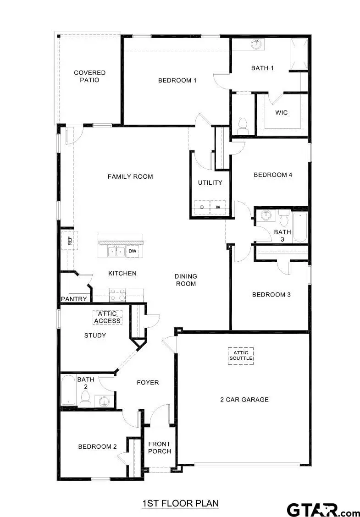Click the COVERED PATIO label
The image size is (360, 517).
tap(90, 76)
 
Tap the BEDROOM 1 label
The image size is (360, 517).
tap(177, 81)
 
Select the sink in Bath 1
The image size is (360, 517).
tap(256, 45)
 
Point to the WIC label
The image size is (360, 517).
tap(282, 113)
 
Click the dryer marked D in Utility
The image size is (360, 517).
tap(202, 208)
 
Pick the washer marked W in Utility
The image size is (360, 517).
tap(218, 208)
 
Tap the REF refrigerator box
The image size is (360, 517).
tap(70, 241)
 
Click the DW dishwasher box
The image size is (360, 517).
tap(132, 251)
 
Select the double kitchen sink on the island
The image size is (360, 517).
tap(116, 251)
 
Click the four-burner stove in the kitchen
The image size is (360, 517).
tap(117, 294)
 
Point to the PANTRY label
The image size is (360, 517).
tap(74, 299)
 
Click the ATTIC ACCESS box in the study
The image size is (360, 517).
tap(107, 317)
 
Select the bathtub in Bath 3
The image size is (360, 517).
tap(300, 228)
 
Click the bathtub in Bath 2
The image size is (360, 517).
tap(68, 390)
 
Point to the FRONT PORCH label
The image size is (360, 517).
tap(159, 447)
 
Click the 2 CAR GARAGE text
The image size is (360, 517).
tap(244, 400)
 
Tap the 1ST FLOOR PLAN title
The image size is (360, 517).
tap(180, 503)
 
